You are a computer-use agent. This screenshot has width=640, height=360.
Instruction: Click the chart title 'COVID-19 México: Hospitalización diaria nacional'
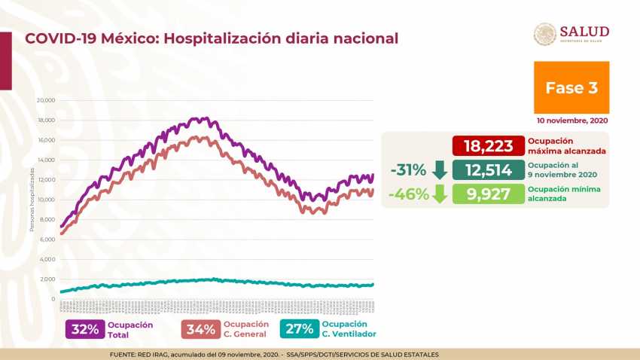click(x=212, y=38)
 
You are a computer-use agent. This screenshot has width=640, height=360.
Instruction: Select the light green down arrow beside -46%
click(x=440, y=194)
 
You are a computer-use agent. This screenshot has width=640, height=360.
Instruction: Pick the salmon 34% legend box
click(x=200, y=329)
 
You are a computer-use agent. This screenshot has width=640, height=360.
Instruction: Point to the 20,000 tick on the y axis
click(x=47, y=100)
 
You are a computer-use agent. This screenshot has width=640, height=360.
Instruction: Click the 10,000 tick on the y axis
click(x=47, y=200)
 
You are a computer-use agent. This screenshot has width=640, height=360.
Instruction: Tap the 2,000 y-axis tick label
click(x=48, y=279)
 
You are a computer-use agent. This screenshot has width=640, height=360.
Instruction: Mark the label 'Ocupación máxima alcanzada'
click(x=556, y=146)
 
